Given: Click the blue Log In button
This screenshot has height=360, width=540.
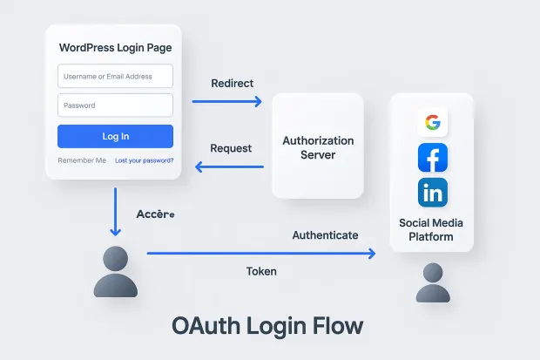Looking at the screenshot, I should click(x=115, y=136).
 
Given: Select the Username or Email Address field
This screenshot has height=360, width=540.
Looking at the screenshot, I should click(x=115, y=77).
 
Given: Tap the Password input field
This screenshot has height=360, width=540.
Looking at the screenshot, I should click(x=115, y=105).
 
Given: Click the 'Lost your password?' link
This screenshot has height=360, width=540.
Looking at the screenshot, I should click(x=145, y=160).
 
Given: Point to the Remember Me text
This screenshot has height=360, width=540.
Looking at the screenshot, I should click(x=82, y=160).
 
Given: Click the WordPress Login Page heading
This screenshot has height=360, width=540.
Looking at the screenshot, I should click(x=115, y=47).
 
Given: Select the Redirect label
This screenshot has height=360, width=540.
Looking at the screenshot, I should click(x=233, y=83).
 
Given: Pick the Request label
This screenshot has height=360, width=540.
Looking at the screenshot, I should click(x=232, y=148).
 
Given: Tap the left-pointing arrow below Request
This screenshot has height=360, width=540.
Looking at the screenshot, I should click(x=228, y=166).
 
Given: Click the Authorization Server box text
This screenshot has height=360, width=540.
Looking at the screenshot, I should click(x=318, y=147).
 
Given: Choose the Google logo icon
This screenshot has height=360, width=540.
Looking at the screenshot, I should click(x=432, y=123).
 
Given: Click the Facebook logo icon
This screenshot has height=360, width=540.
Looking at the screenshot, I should click(x=432, y=158).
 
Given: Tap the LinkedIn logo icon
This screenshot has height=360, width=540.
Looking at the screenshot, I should click(x=432, y=192).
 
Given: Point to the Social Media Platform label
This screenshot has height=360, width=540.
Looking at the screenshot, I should click(x=431, y=229).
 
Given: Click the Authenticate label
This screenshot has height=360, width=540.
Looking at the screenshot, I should click(x=325, y=235).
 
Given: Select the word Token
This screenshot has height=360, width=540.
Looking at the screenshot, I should click(x=261, y=271).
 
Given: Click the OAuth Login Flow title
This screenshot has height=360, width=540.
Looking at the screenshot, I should click(x=267, y=326).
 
